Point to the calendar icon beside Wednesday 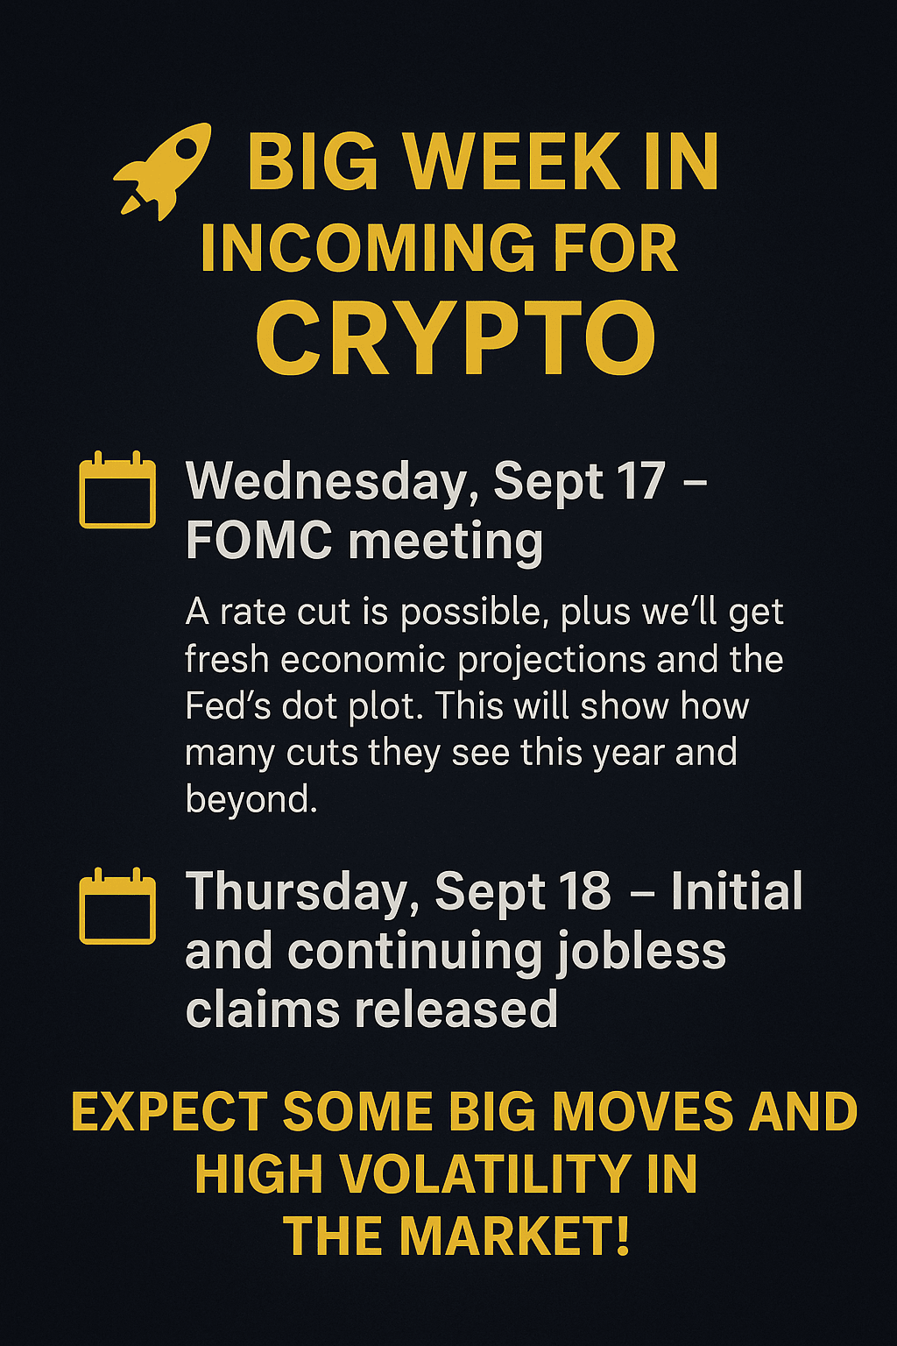click(x=117, y=489)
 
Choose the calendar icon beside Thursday click(x=117, y=905)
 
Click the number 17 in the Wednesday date click(x=642, y=480)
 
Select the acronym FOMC click(x=259, y=540)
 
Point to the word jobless click(x=641, y=953)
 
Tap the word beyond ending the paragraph click(x=251, y=800)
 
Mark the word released click(x=456, y=1009)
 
